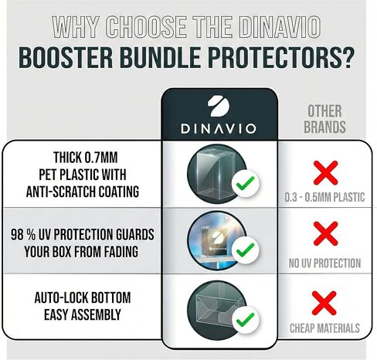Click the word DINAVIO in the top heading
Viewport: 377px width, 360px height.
[292, 25]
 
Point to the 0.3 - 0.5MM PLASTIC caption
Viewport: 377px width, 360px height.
[325, 199]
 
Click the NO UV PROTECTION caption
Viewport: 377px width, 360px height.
[325, 263]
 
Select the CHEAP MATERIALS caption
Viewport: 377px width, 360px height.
[325, 328]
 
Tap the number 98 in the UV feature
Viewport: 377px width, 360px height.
[21, 235]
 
